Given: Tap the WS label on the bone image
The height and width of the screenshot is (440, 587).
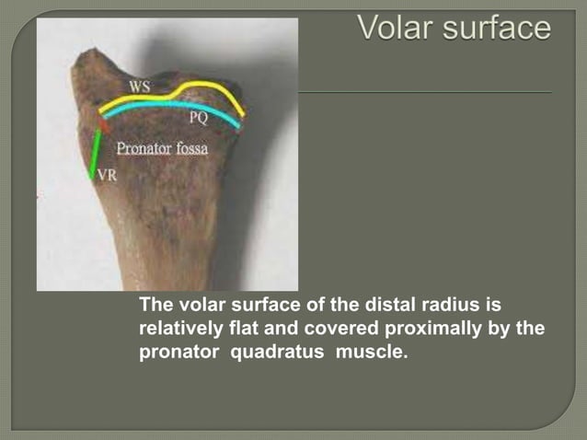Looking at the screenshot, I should point(140,87).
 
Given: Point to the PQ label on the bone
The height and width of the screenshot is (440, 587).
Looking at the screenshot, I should point(198,119).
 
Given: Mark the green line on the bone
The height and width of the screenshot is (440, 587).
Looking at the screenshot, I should point(95,153).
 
